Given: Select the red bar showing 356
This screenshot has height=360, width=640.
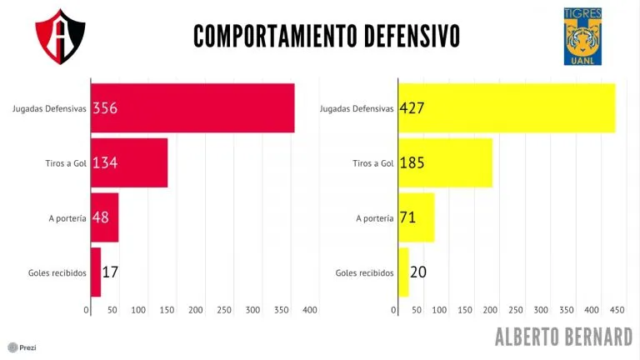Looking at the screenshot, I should (192, 107).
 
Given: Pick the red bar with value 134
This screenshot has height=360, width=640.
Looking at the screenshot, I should (129, 162).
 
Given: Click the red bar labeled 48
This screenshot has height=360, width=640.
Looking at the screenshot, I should (104, 217).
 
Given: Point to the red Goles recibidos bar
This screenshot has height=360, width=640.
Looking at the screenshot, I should (95, 272).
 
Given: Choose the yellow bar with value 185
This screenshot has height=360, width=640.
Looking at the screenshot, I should (445, 162).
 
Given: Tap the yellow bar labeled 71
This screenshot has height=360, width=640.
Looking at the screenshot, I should (416, 217).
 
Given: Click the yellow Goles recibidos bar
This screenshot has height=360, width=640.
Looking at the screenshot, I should (403, 272).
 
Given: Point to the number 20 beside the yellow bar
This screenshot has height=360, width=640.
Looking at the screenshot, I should (418, 272).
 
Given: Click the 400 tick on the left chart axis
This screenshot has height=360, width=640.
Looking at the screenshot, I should (310, 310).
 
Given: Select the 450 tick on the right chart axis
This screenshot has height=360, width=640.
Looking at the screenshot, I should (617, 310).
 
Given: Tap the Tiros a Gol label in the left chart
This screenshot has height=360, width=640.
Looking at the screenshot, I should (64, 163).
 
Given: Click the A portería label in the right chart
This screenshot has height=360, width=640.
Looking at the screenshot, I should (374, 218).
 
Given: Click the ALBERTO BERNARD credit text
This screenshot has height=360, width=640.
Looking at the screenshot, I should (563, 337).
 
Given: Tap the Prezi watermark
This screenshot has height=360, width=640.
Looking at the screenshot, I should (22, 347).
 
